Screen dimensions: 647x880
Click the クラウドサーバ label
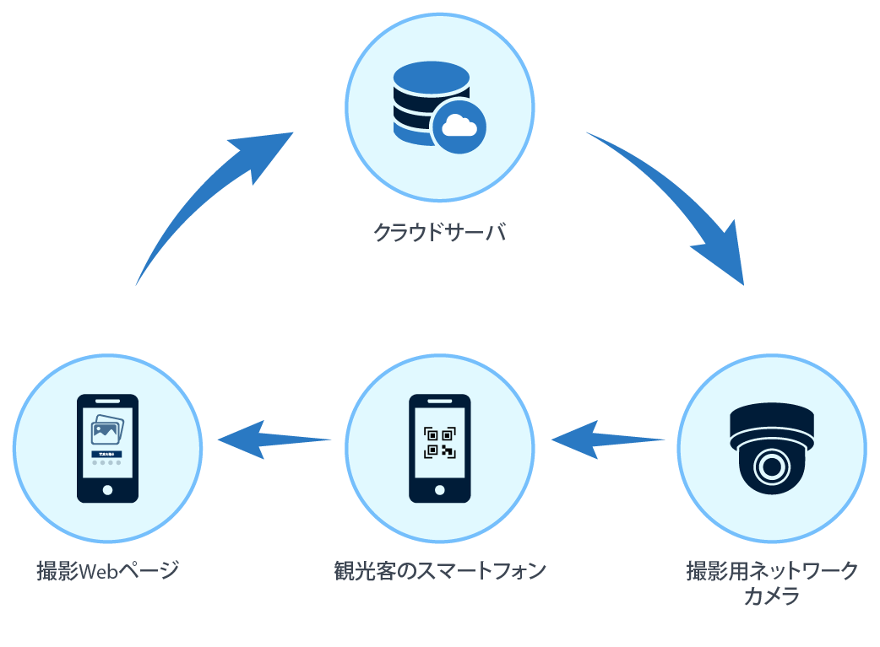coord(439,232)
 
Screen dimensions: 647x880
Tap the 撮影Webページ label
coord(107,570)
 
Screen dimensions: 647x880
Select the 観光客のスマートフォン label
coord(439,570)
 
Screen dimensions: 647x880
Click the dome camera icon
coord(772,447)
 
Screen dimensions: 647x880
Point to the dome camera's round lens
coord(771,466)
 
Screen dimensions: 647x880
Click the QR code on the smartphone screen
coord(440,442)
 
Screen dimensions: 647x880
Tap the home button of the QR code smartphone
coord(440,490)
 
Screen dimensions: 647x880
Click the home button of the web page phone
coord(107,490)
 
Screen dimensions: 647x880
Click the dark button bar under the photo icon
coord(107,454)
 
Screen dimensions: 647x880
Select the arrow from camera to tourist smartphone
coord(604,439)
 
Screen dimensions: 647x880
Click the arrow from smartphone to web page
coord(272,439)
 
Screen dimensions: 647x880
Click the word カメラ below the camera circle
coord(772,596)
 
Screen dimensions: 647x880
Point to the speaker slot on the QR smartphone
coord(440,400)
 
